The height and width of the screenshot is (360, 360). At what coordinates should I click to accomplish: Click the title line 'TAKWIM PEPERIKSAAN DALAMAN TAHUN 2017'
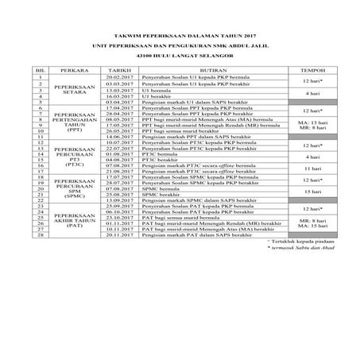180,37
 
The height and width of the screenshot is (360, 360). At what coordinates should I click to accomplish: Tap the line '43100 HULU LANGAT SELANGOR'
180,58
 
